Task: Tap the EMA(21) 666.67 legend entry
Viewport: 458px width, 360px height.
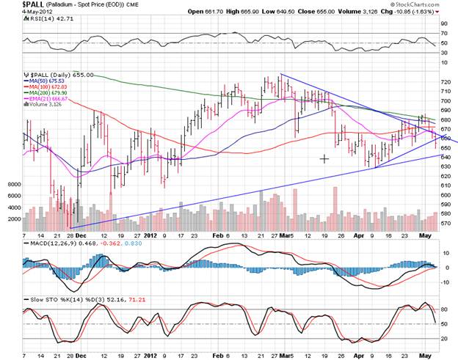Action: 52,100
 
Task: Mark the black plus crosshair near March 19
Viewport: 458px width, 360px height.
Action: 324,158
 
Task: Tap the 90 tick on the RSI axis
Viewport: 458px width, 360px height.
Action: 444,23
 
